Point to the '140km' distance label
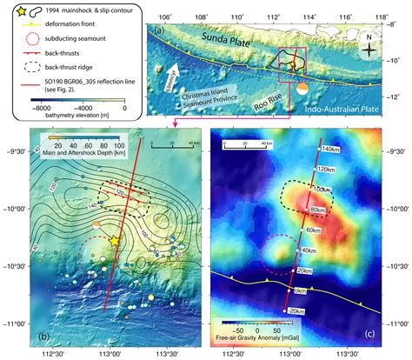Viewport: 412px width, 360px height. coord(329,150)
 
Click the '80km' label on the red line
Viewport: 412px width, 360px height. coord(319,210)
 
